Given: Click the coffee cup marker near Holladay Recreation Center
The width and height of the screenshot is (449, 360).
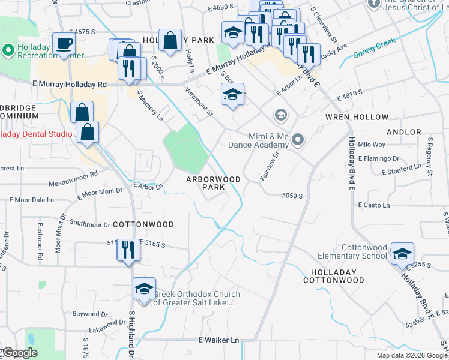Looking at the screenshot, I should pyautogui.click(x=64, y=44).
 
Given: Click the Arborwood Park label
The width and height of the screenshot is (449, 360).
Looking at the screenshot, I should pyautogui.click(x=213, y=183).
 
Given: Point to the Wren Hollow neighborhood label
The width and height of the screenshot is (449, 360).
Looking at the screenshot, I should pyautogui.click(x=357, y=117).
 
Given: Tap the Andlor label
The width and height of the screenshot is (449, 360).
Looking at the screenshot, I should pyautogui.click(x=404, y=131).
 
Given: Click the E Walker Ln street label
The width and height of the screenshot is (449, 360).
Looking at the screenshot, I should pyautogui.click(x=218, y=340).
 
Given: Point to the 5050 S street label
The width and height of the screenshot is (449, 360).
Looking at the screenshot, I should pyautogui.click(x=292, y=196).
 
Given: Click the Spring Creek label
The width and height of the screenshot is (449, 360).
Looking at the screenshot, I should pyautogui.click(x=374, y=47).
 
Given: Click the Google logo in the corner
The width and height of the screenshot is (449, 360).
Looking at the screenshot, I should pyautogui.click(x=19, y=353).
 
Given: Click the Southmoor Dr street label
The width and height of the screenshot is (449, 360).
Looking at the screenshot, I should pyautogui.click(x=90, y=224).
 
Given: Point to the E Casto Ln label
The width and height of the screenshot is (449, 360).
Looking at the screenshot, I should pyautogui.click(x=374, y=205).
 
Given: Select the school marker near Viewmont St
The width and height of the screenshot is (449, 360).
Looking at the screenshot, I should pyautogui.click(x=232, y=95).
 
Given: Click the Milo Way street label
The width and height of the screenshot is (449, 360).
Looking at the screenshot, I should pyautogui.click(x=371, y=145).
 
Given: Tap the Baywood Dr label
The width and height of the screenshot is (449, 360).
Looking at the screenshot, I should pyautogui.click(x=90, y=314).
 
